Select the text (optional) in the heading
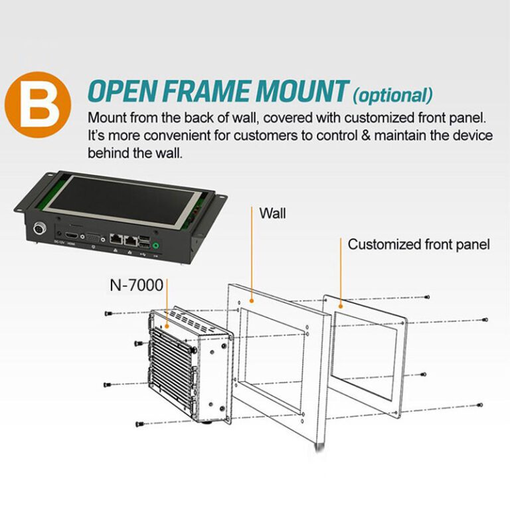coord(392,95)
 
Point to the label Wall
coord(273,214)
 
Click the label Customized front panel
coord(418,244)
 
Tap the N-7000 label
coord(137,286)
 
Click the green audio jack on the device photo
coord(155,245)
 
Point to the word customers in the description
coord(258,135)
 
